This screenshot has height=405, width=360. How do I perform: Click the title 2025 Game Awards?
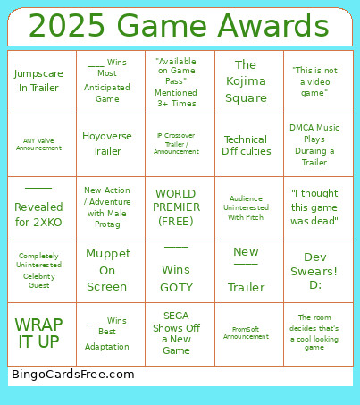click(x=180, y=26)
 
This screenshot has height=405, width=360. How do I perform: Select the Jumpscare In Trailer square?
click(x=39, y=81)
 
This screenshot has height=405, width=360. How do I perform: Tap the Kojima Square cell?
click(x=246, y=81)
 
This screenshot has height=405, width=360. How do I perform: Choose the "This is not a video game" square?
click(x=314, y=81)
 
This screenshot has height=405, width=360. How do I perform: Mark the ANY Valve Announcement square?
click(x=39, y=144)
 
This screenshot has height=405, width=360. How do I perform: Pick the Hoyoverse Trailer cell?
click(x=107, y=144)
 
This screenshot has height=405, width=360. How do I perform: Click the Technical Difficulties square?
click(x=246, y=145)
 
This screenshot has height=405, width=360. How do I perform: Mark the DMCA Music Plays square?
click(x=314, y=144)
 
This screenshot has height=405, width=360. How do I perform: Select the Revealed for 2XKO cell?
click(x=39, y=207)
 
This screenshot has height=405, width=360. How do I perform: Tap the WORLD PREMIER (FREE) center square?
click(x=176, y=207)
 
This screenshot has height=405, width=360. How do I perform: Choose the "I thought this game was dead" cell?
click(x=314, y=207)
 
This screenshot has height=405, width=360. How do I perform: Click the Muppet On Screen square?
click(x=107, y=270)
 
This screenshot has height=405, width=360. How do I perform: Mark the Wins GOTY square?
click(x=176, y=270)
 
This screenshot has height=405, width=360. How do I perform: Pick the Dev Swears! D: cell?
click(x=314, y=270)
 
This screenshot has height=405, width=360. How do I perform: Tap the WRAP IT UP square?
click(x=39, y=333)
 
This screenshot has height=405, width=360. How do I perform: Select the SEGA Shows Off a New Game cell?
click(x=176, y=333)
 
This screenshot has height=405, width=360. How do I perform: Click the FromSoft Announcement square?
click(x=246, y=333)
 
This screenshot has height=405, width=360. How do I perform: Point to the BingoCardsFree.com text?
click(x=73, y=375)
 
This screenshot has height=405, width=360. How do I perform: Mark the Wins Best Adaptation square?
click(x=107, y=333)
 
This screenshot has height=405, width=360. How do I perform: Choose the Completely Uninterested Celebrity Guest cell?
click(x=39, y=270)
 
